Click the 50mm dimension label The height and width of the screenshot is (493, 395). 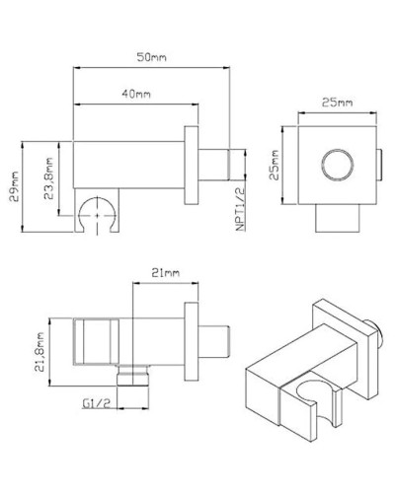(152, 59)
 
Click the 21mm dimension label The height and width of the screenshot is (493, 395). (166, 272)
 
